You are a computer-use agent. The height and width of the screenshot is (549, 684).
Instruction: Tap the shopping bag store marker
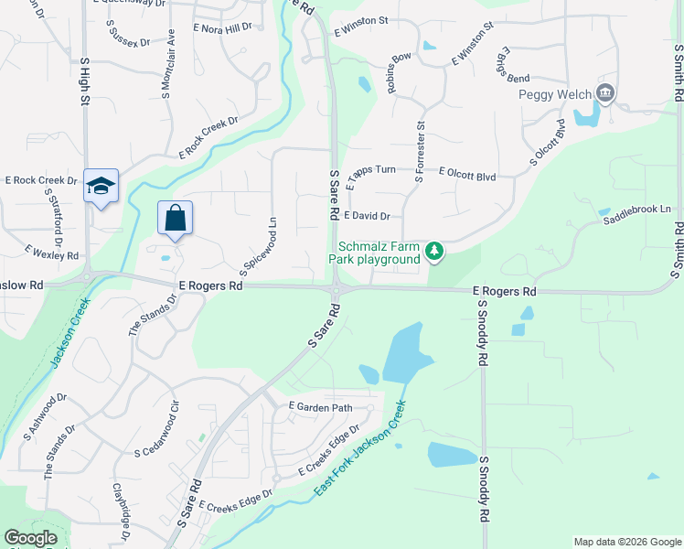175,219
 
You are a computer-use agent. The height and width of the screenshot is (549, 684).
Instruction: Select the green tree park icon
436,251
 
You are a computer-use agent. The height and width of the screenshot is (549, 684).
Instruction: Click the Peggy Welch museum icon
604,93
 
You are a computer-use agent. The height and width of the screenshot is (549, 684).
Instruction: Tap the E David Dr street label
368,217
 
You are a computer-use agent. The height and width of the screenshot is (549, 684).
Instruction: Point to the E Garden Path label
320,406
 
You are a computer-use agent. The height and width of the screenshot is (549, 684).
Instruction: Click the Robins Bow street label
399,73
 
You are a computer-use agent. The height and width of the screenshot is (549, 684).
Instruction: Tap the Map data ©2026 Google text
626,542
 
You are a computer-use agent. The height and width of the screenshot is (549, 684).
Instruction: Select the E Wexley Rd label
52,251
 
